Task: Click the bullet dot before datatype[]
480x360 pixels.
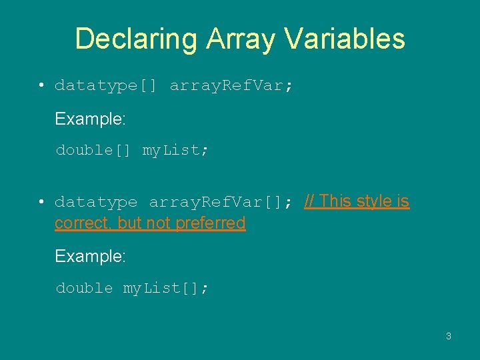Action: coord(41,86)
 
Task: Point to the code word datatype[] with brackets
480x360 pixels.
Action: coord(105,86)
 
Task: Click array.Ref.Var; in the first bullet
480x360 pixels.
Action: coord(231,86)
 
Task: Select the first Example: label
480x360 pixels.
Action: coord(90,119)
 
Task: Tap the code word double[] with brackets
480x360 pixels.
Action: coord(93,151)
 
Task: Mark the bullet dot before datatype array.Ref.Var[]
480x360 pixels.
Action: coord(41,202)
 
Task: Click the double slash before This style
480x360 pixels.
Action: coord(310,201)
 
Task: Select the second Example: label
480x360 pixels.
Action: coord(90,256)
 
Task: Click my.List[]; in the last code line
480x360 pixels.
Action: coord(166,288)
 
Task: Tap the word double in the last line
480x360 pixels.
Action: coord(84,288)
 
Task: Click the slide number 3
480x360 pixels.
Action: coord(448,336)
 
